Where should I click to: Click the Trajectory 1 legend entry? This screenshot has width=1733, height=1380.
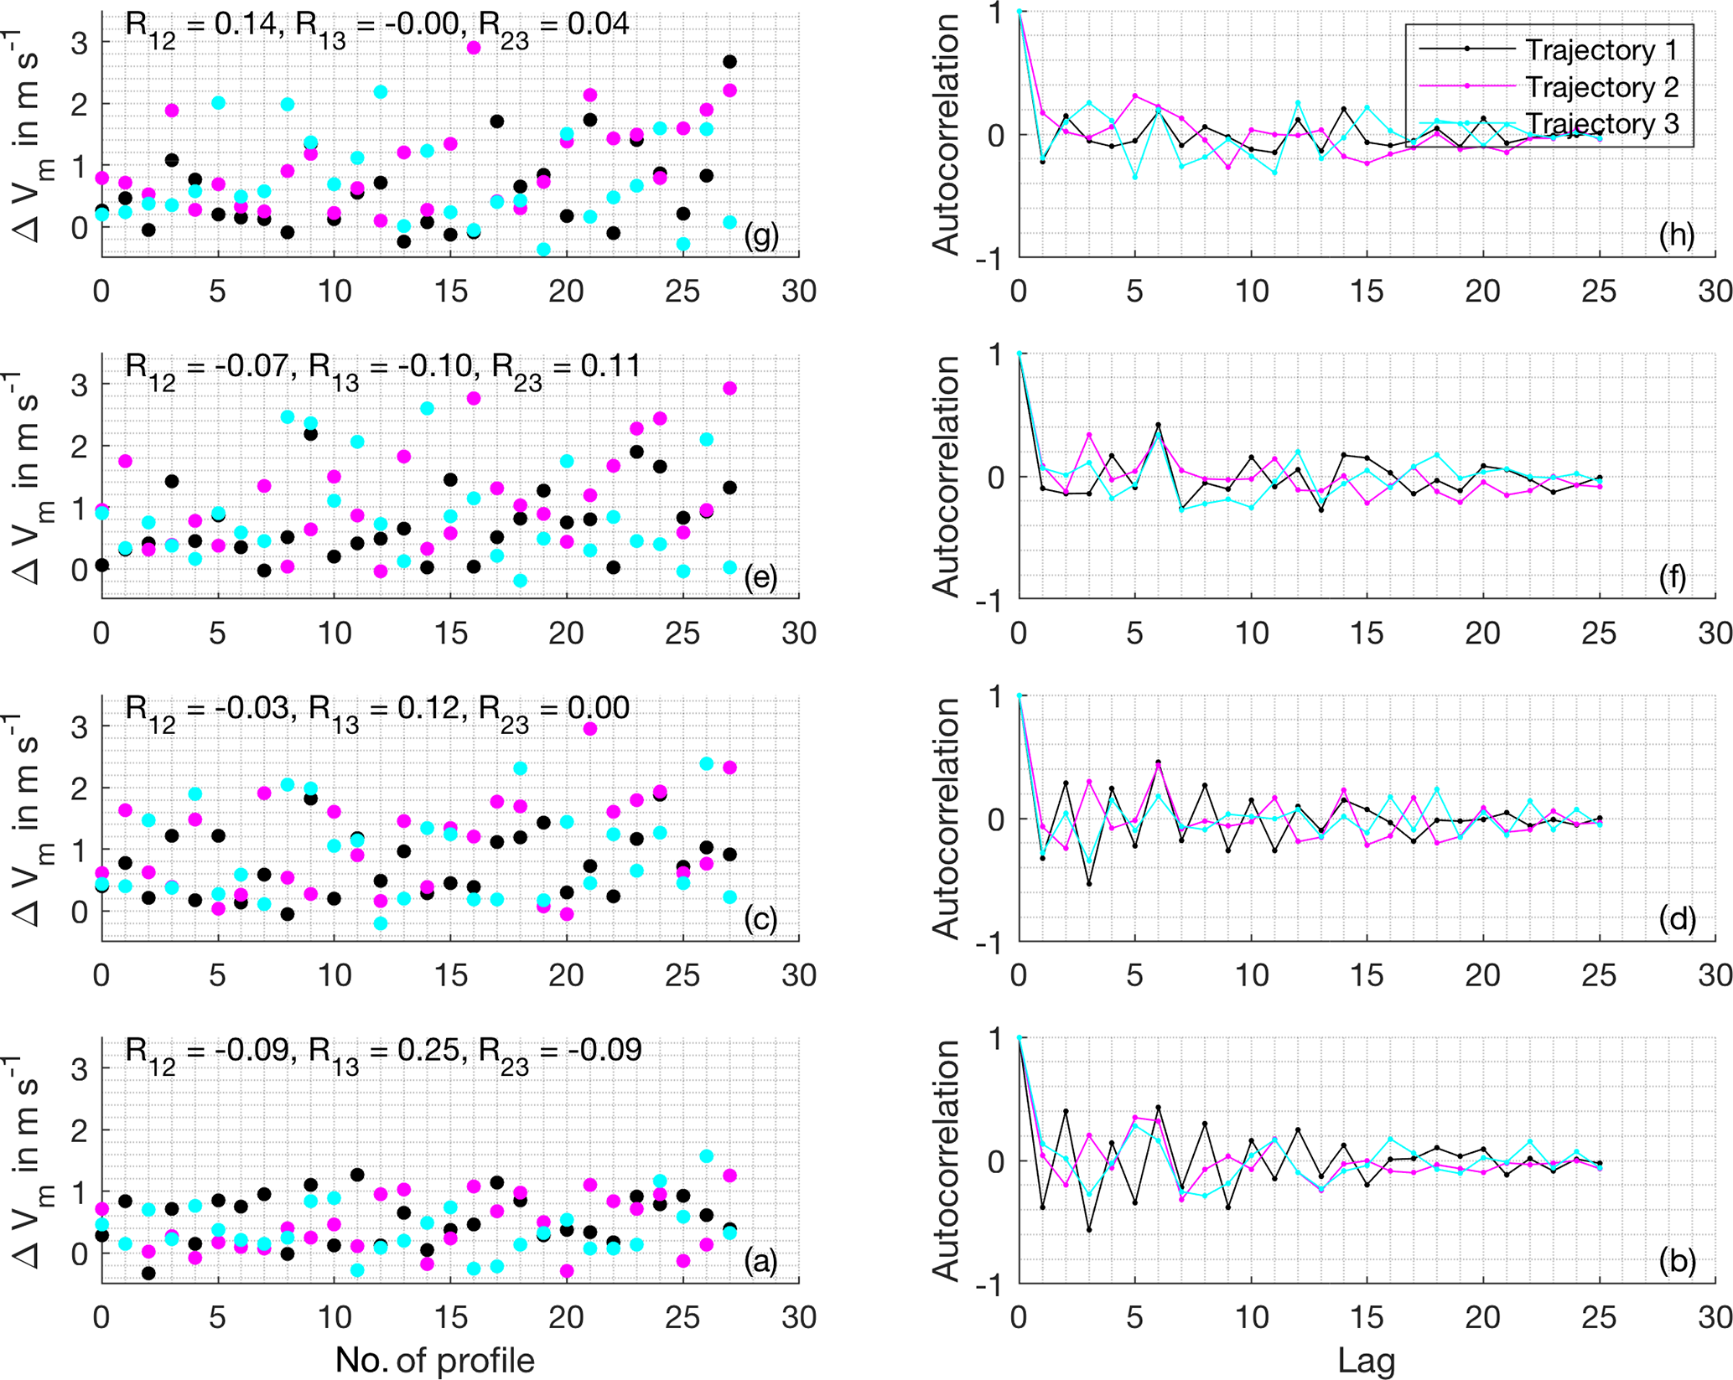(x=1600, y=50)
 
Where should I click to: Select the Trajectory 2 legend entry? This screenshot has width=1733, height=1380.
(x=1600, y=87)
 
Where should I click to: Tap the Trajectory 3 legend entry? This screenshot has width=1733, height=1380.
(x=1600, y=124)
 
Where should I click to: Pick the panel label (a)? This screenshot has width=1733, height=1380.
(x=760, y=1260)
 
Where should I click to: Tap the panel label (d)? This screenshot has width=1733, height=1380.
(x=1677, y=919)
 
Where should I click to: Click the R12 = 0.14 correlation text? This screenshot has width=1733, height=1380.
(x=201, y=25)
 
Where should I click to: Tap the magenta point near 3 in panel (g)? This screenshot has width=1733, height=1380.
(x=474, y=48)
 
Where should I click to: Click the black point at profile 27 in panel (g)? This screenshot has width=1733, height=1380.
(x=729, y=62)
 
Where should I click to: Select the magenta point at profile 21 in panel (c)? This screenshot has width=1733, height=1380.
(x=589, y=729)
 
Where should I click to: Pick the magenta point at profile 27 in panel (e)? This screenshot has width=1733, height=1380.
(x=729, y=388)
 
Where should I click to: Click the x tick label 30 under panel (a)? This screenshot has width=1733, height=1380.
(x=798, y=1317)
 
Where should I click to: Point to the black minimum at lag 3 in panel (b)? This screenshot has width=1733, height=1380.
(x=1089, y=1230)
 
